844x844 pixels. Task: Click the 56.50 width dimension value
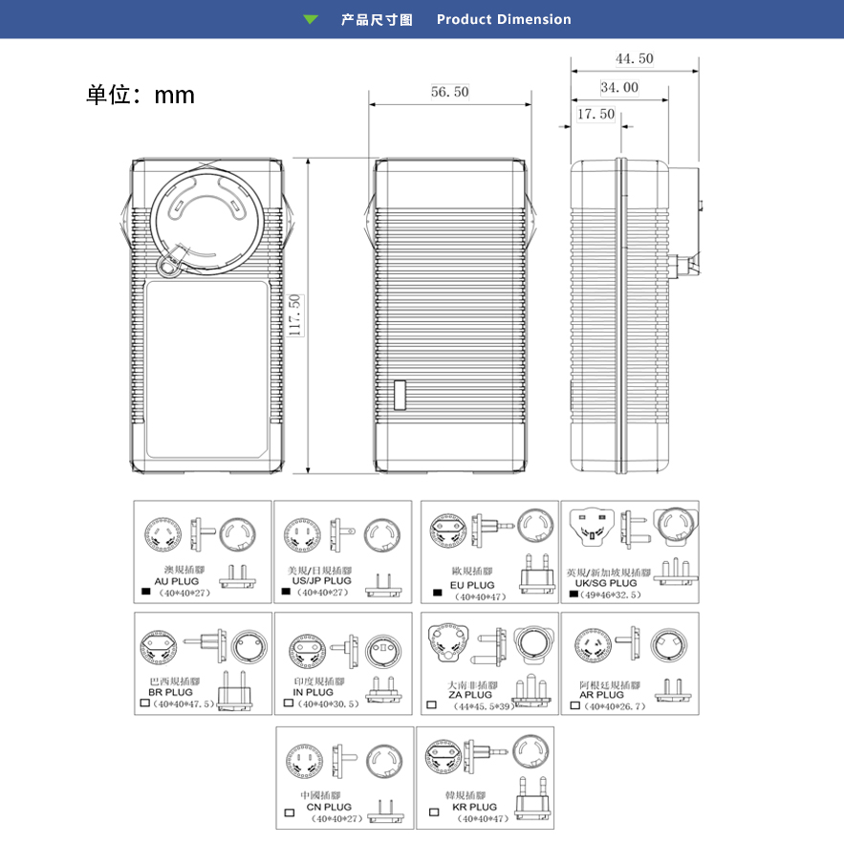[x=449, y=92]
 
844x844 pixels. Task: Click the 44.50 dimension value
[x=635, y=59]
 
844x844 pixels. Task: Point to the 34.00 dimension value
[x=619, y=88]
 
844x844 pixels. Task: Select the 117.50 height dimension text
[x=295, y=314]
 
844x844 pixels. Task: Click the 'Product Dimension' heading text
[x=504, y=19]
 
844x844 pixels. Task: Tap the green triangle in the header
[x=311, y=19]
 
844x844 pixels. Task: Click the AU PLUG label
[x=177, y=580]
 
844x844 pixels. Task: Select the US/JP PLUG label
[x=320, y=580]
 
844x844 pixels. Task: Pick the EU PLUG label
[x=472, y=585]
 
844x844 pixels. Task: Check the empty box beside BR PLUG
[x=146, y=703]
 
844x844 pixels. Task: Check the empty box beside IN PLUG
[x=288, y=703]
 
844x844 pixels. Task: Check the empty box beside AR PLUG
[x=574, y=705]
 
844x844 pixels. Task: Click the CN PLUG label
[x=329, y=808]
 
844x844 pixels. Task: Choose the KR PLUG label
[x=475, y=807]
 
